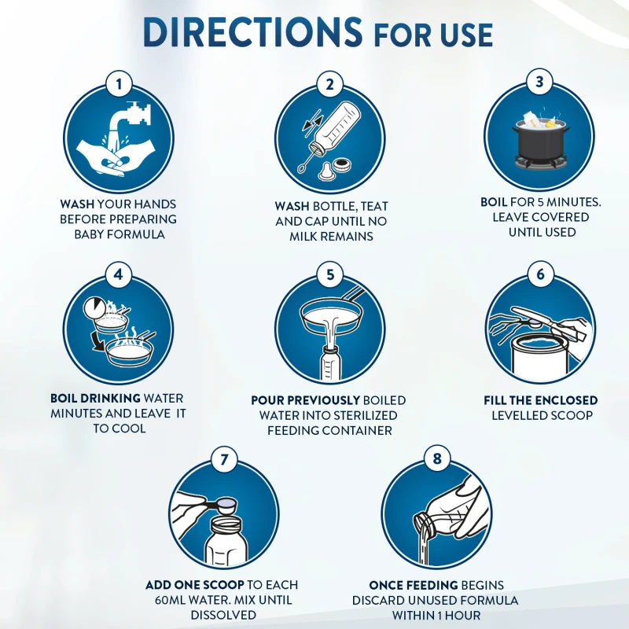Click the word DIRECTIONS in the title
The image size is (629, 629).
pos(252,32)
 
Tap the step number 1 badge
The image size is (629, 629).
pos(119,84)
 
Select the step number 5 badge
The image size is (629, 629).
pos(330,274)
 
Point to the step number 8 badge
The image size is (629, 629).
pos(437,458)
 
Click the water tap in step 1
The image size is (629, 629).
pos(130,116)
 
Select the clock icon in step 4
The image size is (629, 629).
pos(94,309)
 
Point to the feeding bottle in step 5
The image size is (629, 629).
pos(330,363)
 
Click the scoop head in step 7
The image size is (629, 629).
pos(226,506)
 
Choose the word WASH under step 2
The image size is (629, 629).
pos(292,206)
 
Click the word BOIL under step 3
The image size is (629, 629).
pos(494,202)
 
